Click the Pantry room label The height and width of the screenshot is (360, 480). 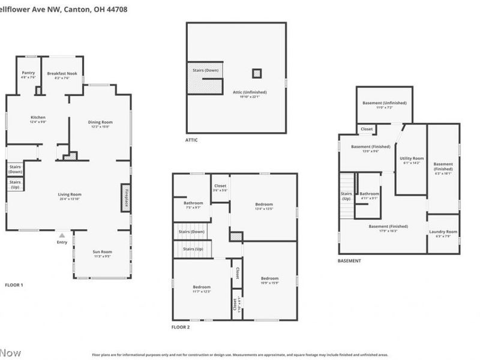[x=28, y=74]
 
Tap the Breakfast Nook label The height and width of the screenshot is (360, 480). [x=62, y=74]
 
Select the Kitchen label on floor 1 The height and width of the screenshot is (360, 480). [x=38, y=119]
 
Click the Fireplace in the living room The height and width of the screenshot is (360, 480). [x=126, y=199]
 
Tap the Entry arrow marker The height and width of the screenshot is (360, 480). [x=62, y=236]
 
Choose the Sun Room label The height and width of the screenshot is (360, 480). [x=102, y=253]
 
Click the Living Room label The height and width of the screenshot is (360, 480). [x=70, y=196]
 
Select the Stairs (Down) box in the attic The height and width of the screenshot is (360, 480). [x=205, y=70]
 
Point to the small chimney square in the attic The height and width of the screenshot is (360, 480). [x=257, y=73]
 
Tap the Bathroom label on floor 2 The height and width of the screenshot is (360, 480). [x=193, y=205]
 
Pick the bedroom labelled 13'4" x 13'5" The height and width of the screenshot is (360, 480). [x=264, y=206]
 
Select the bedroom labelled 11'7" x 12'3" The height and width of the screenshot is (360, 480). [x=202, y=288]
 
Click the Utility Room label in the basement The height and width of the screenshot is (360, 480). [x=412, y=160]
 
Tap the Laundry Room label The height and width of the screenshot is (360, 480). [x=443, y=233]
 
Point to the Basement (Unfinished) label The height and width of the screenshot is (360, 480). [x=385, y=104]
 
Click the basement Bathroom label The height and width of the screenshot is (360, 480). [x=368, y=195]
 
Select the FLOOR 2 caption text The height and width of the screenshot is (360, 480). [x=180, y=328]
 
